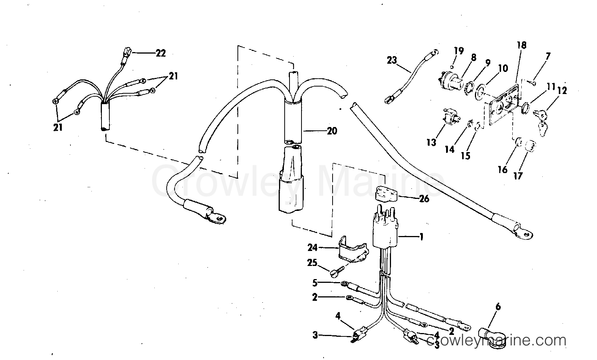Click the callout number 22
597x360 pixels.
(x=161, y=53)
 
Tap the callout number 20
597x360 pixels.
(x=331, y=131)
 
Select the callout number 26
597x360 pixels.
(x=424, y=199)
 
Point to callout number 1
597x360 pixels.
(x=421, y=237)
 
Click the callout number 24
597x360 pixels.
(x=312, y=248)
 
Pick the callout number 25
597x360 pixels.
(x=312, y=263)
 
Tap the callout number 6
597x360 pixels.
(x=498, y=307)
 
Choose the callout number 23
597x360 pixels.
(x=392, y=60)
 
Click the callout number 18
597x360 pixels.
(x=521, y=45)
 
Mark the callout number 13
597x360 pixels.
(x=431, y=142)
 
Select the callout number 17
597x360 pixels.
(x=518, y=175)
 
